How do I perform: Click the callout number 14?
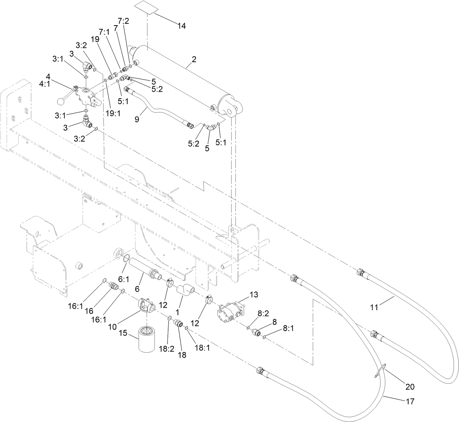tap(182, 26)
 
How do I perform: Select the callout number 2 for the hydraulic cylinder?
tap(194, 59)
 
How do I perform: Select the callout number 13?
tap(254, 294)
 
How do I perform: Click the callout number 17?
tap(410, 402)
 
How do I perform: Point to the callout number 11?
tap(374, 307)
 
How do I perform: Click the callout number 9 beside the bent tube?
tap(137, 119)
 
